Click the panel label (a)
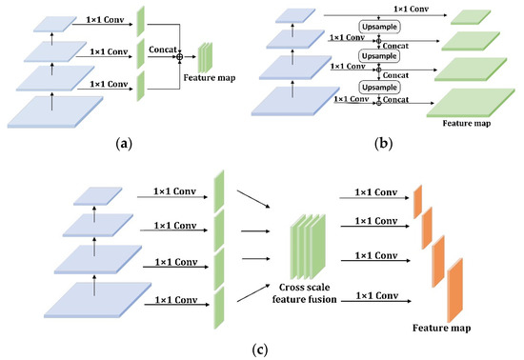(x=124, y=144)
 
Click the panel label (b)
(x=384, y=144)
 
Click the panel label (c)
(x=260, y=350)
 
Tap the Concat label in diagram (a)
(x=162, y=50)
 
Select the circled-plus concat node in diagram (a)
(x=180, y=57)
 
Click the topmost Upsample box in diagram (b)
(x=379, y=27)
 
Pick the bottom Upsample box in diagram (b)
(x=379, y=88)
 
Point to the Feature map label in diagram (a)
(x=210, y=78)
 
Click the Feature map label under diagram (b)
(x=467, y=123)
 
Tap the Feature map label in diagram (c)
(x=441, y=328)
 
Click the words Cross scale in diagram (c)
(x=304, y=288)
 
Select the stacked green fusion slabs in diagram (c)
(x=308, y=247)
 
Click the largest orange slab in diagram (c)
(x=455, y=290)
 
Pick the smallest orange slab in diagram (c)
(x=417, y=202)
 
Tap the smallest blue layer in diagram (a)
(x=55, y=24)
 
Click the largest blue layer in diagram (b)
(x=295, y=102)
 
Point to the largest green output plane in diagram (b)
(x=471, y=103)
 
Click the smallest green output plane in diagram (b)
(x=471, y=17)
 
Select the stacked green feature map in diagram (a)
(x=205, y=57)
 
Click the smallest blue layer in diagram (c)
(x=98, y=196)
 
